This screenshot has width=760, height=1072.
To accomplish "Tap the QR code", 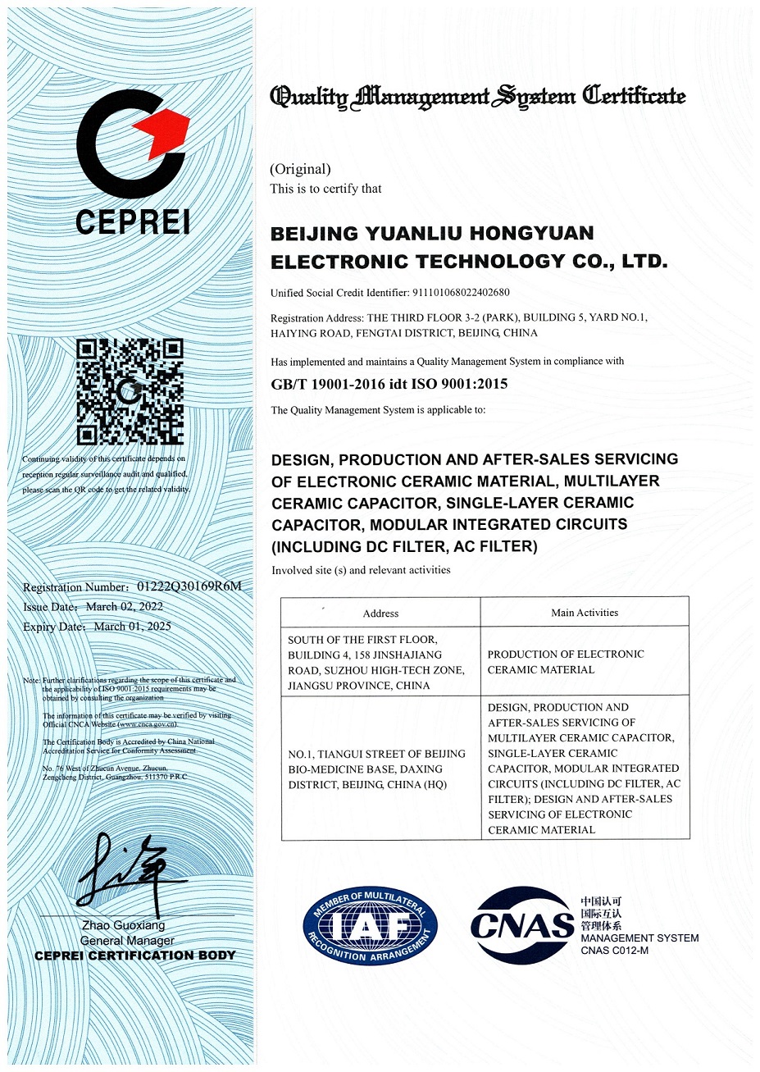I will [x=130, y=392].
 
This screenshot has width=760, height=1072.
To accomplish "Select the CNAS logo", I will [x=522, y=925].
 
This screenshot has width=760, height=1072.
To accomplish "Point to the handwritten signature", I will [x=131, y=869].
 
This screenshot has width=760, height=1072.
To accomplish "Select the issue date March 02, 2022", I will [x=125, y=607].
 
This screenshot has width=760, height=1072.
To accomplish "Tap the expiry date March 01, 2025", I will [x=133, y=627].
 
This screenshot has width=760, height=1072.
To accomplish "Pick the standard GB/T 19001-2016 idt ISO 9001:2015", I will [x=389, y=384].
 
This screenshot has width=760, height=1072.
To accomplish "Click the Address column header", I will [x=380, y=614].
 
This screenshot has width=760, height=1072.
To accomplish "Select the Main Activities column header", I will [x=585, y=613].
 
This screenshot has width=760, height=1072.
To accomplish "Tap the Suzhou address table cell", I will [x=376, y=662].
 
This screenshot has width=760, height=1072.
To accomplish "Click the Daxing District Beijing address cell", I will [x=377, y=769].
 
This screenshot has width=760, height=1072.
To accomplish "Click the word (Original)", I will [x=301, y=169].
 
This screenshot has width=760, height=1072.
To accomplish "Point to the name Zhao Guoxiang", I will [x=123, y=925].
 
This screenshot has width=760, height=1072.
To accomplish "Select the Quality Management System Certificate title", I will [x=478, y=97].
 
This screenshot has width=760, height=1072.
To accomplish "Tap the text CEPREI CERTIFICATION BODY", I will [x=135, y=956].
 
